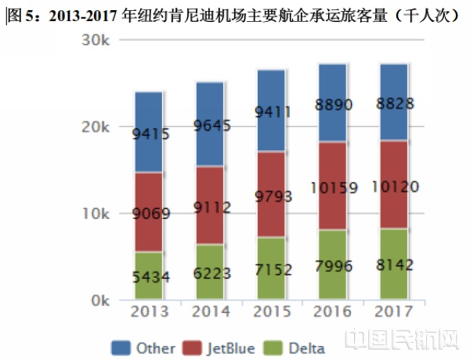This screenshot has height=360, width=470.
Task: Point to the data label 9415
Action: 148,134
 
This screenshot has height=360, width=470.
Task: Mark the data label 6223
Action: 210,275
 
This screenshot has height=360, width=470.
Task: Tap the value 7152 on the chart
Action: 271,270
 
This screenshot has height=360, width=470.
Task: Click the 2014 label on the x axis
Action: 210,312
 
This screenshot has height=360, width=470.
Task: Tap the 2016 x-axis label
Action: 332,312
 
